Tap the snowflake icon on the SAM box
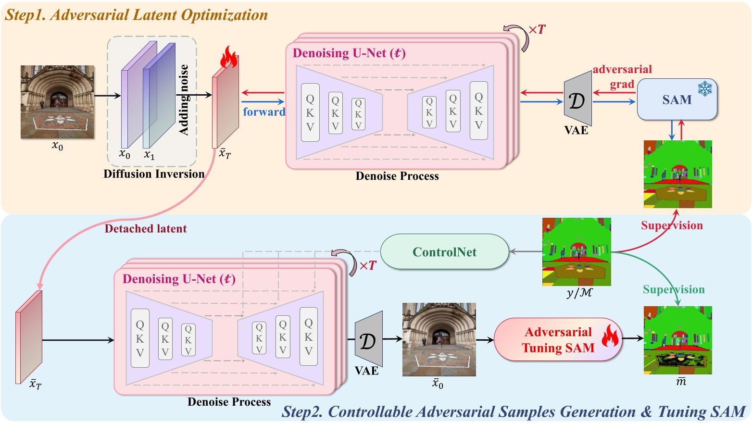tap(705, 88)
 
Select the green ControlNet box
tap(444, 252)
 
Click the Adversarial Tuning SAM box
tap(558, 340)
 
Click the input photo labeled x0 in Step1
tap(57, 102)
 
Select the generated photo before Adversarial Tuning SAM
tap(439, 339)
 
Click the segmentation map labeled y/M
tap(577, 252)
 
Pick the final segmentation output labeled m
tap(677, 340)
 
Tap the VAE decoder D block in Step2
tap(369, 339)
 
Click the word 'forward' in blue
tap(264, 112)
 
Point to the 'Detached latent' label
tap(146, 229)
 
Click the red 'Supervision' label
tap(672, 225)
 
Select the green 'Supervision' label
tap(674, 289)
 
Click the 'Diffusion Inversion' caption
tap(154, 174)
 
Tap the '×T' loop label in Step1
tap(537, 30)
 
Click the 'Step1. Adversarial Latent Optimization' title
tap(137, 15)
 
